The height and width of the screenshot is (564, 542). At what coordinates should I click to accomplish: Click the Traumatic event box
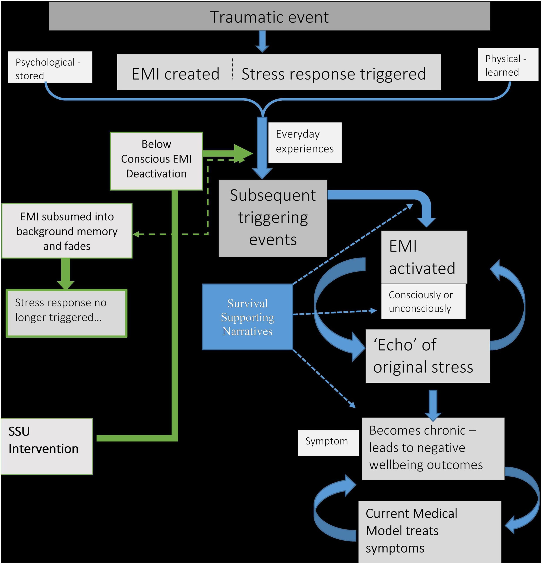[269, 17]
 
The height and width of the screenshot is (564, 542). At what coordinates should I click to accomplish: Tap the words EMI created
[176, 74]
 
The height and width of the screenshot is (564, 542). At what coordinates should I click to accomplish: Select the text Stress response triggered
[333, 74]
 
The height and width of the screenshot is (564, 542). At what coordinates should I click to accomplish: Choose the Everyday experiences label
[305, 142]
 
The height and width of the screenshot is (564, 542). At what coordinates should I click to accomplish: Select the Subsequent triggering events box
[273, 218]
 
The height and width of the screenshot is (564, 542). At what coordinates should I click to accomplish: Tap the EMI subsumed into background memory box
[67, 231]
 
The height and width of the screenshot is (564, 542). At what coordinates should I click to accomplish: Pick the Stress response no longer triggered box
[67, 313]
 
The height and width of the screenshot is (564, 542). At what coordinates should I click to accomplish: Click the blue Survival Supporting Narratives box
[247, 317]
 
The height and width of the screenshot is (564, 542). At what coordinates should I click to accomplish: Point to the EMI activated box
[424, 257]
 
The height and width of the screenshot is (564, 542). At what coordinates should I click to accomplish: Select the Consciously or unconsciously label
[423, 301]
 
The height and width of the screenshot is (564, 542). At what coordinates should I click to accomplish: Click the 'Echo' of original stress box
[427, 356]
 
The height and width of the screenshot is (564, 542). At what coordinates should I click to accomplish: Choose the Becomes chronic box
[433, 448]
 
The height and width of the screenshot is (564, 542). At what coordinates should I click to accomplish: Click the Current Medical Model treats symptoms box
[429, 530]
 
